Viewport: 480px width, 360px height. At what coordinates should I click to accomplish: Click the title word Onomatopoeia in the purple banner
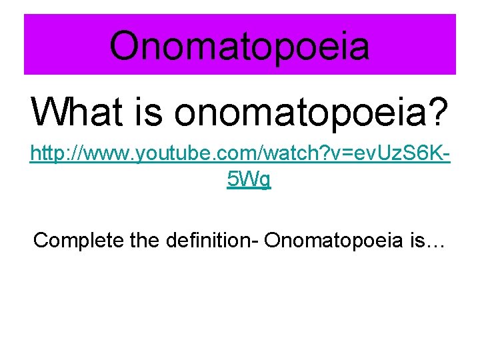[239, 45]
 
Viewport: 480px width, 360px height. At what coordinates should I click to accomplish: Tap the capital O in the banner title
[125, 45]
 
